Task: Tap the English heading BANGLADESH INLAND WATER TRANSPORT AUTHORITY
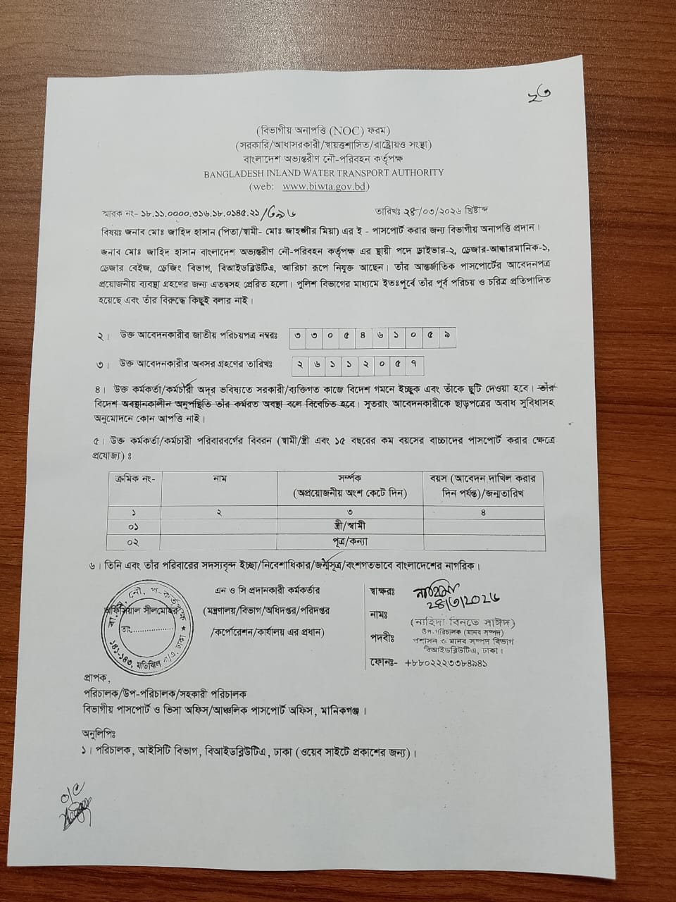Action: [x=324, y=173]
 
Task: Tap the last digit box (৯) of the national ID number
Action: [x=445, y=336]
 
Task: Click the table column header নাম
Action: [x=219, y=478]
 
